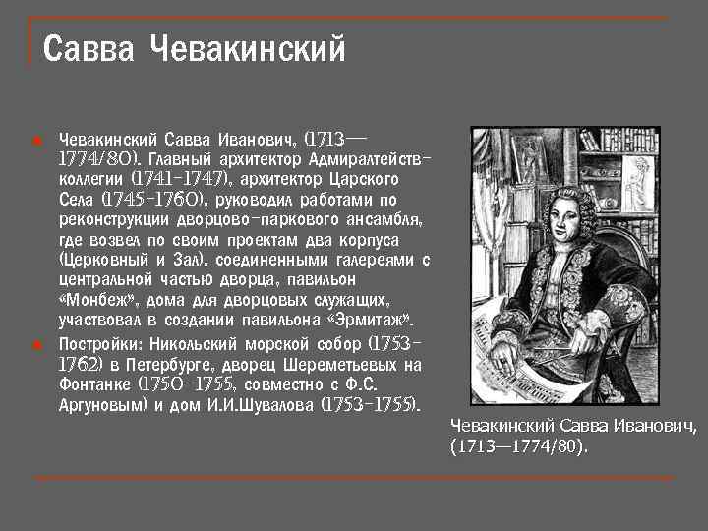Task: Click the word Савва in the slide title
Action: tap(89, 47)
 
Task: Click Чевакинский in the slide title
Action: tap(248, 47)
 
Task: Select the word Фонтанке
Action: tap(96, 384)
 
